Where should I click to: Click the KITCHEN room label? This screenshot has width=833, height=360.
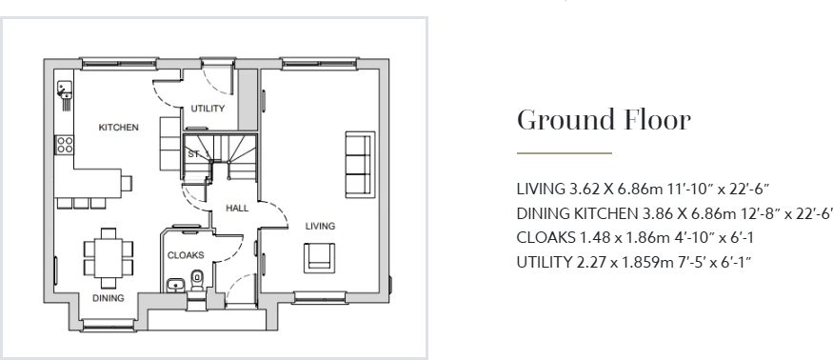point(119,128)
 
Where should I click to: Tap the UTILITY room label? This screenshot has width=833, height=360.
point(208,109)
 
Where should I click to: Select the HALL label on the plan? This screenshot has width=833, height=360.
point(237,208)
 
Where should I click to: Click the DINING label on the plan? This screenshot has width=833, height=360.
point(108,298)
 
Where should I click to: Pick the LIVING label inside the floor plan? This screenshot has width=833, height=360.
point(319,226)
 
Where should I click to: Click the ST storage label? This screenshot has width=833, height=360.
point(192,153)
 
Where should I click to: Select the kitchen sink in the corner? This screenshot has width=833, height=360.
point(67,91)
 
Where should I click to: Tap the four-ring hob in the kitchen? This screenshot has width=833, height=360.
point(66,145)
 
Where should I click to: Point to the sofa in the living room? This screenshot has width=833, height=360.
point(358,163)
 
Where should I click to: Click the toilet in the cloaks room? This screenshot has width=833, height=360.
point(197,280)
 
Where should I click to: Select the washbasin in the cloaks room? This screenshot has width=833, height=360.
point(174,286)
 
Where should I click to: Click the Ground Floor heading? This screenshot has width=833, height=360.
point(603,121)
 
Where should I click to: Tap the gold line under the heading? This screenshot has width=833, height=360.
point(564,152)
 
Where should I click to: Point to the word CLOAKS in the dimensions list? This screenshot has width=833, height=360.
point(541,237)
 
